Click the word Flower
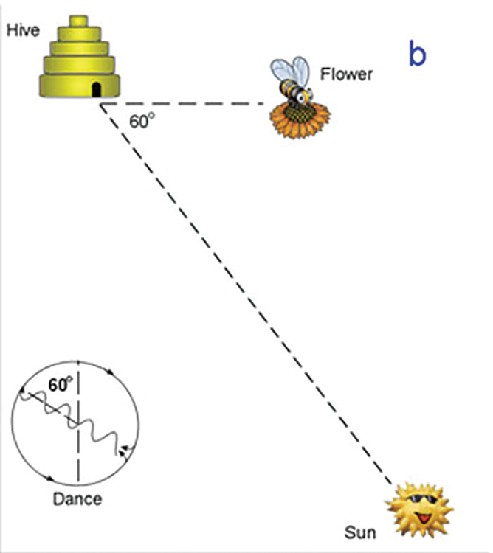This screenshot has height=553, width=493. pos(347,74)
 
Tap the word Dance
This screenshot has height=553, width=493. pos(77,499)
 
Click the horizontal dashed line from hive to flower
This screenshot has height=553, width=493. pos(185,104)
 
